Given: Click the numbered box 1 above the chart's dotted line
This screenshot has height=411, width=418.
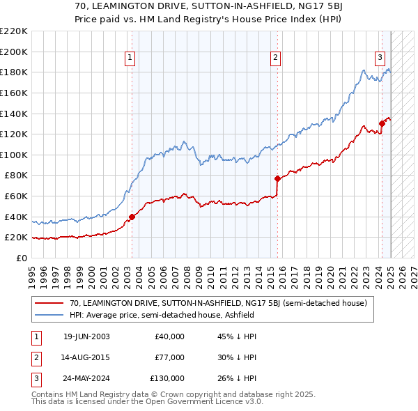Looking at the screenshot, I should pyautogui.click(x=130, y=58).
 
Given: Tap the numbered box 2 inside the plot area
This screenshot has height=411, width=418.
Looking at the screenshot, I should pyautogui.click(x=276, y=58).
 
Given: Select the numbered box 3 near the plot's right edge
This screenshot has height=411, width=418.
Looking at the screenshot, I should pyautogui.click(x=380, y=58).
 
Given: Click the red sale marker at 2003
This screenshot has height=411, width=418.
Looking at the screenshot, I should pyautogui.click(x=132, y=216).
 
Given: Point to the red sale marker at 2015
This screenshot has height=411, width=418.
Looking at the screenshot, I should pyautogui.click(x=277, y=178).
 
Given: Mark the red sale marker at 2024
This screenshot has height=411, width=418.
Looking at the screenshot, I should pyautogui.click(x=382, y=124).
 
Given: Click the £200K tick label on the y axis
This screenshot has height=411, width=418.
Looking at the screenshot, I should pyautogui.click(x=14, y=52).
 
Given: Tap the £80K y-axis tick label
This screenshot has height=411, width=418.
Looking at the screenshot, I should pyautogui.click(x=15, y=176).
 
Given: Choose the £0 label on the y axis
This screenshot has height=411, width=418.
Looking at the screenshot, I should pyautogui.click(x=21, y=258).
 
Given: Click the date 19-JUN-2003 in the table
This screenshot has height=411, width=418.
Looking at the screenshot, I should pyautogui.click(x=86, y=336).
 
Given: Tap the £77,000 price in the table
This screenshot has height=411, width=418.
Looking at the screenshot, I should pyautogui.click(x=169, y=357).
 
